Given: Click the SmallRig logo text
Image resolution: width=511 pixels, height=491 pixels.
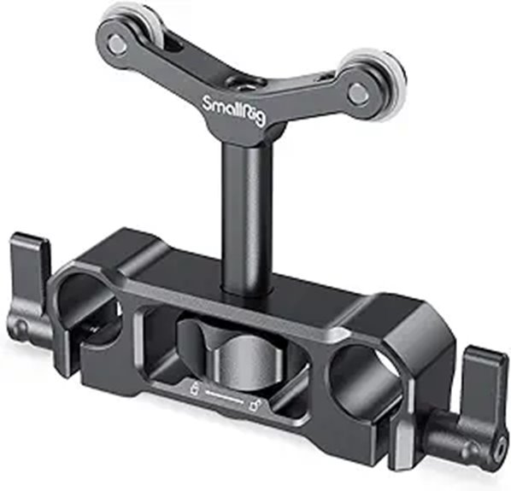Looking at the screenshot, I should [x=232, y=110].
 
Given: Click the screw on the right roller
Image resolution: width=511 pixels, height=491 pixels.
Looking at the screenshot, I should [x=358, y=95].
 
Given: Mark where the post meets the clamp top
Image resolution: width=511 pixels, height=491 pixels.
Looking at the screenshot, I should [x=244, y=291].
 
